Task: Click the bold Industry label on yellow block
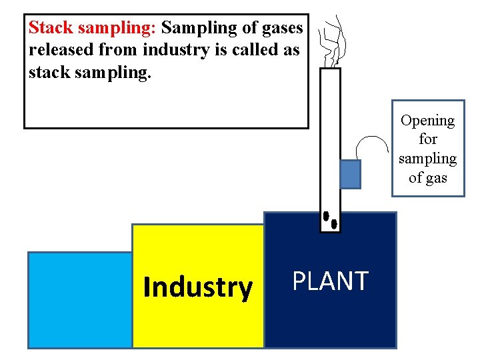pyautogui.click(x=198, y=287)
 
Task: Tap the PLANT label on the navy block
pyautogui.click(x=331, y=281)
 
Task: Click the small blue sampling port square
pyautogui.click(x=350, y=174)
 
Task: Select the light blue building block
pyautogui.click(x=79, y=299)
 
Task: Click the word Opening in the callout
pyautogui.click(x=427, y=121)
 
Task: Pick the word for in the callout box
pyautogui.click(x=427, y=139)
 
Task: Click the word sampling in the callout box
pyautogui.click(x=427, y=159)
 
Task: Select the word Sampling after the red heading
pyautogui.click(x=194, y=28)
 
